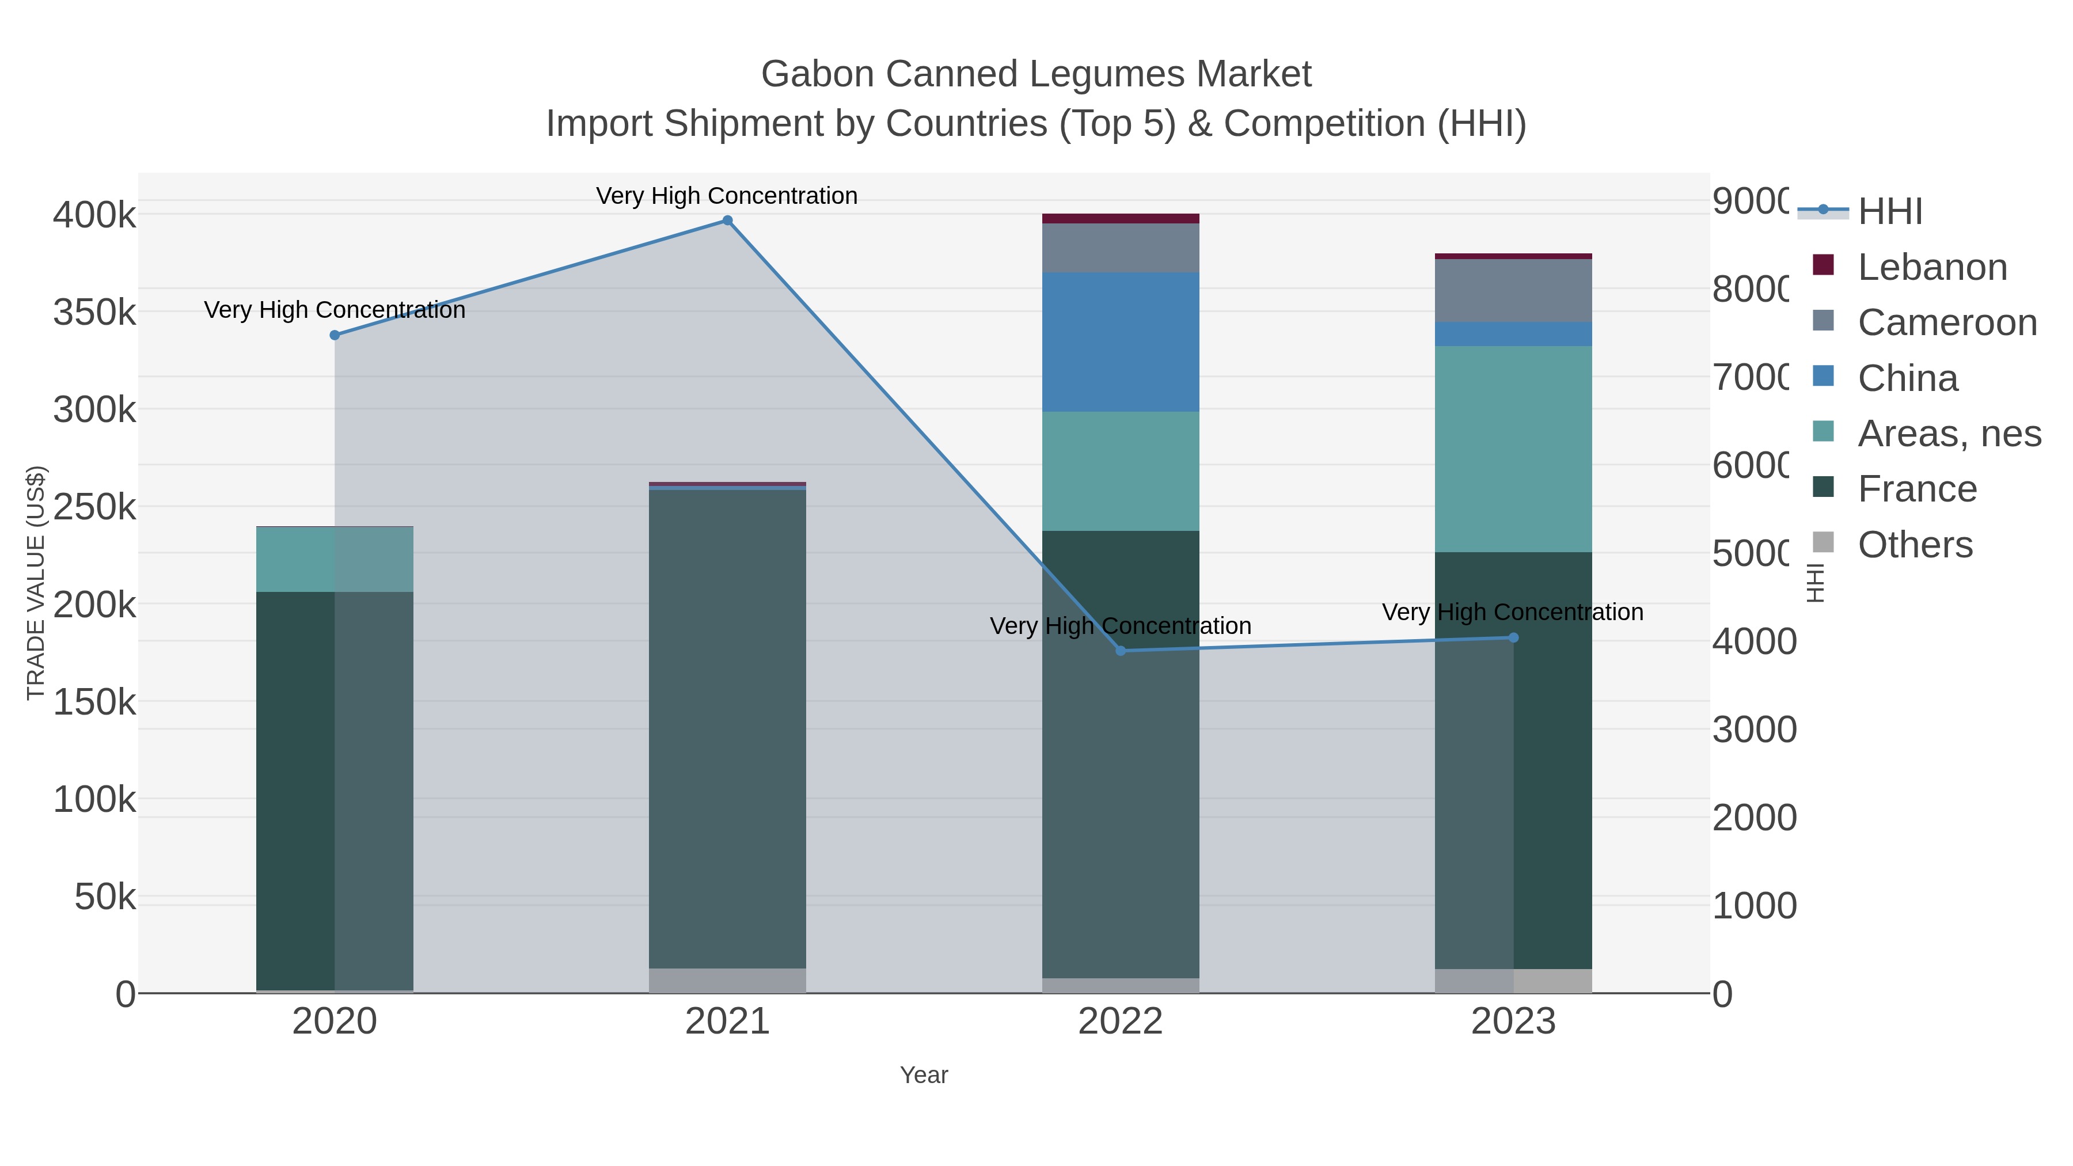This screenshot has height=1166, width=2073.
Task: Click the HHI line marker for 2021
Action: click(727, 221)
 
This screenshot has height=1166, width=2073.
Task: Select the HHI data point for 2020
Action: click(335, 335)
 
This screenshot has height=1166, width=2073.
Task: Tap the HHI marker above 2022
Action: click(1120, 650)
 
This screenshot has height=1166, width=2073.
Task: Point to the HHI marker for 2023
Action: click(1513, 637)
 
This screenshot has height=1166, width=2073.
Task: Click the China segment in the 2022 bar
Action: click(1120, 342)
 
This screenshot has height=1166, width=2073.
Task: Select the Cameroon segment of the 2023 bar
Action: click(1513, 291)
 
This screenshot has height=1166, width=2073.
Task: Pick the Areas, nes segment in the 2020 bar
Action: click(335, 559)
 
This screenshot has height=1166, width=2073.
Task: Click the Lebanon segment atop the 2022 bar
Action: click(1120, 218)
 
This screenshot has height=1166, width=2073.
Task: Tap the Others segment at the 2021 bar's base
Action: click(727, 980)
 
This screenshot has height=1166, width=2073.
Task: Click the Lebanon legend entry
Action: click(1931, 267)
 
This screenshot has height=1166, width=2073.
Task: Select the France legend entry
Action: click(1917, 488)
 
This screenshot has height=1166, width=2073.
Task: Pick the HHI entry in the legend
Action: click(1889, 212)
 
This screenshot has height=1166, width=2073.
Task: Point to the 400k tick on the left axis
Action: click(94, 216)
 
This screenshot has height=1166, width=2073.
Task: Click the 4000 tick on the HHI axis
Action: click(1753, 641)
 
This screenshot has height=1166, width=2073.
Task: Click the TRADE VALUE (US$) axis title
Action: click(35, 583)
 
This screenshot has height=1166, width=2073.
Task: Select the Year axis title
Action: click(924, 1075)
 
